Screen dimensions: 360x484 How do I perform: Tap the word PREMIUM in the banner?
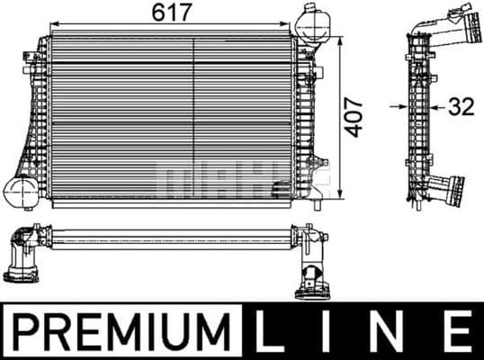point(121,330)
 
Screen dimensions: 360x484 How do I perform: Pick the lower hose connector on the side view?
point(447,191)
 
